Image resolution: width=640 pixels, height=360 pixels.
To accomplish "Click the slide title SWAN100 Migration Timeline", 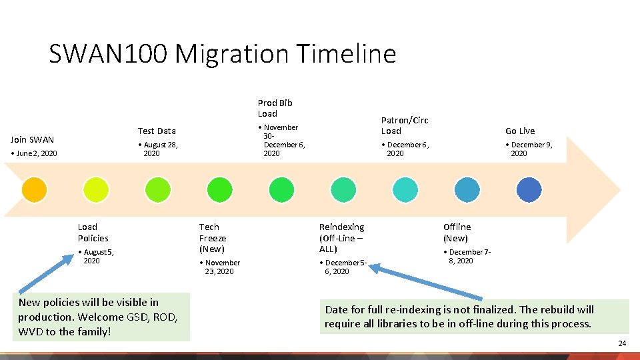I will pos(222,53).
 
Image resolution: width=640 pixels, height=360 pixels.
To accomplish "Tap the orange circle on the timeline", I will pos(34,190).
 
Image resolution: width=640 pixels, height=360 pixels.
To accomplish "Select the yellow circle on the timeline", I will pos(95,190).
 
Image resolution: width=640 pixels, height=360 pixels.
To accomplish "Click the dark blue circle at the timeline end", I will pos(529,190).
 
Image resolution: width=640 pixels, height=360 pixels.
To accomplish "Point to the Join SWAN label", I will pos(32,139).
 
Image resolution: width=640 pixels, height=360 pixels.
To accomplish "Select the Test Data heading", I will pos(157,131).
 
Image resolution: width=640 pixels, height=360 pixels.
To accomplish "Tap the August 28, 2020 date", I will pos(159,149).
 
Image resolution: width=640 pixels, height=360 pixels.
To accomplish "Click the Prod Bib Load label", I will pos(275,108).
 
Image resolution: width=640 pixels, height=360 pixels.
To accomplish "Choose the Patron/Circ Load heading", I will pos(404,125).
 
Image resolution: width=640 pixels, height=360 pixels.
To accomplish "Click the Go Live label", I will pos(520,131).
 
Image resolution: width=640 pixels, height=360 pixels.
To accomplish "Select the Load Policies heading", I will pos(93,233).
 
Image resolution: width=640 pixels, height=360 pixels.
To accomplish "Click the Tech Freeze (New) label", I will pos(213,238).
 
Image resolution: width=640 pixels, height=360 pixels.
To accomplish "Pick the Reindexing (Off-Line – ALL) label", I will pos(341,238).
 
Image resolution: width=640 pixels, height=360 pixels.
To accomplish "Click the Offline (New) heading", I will pos(457,233).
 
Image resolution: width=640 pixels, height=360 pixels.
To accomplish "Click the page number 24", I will pos(622,343).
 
